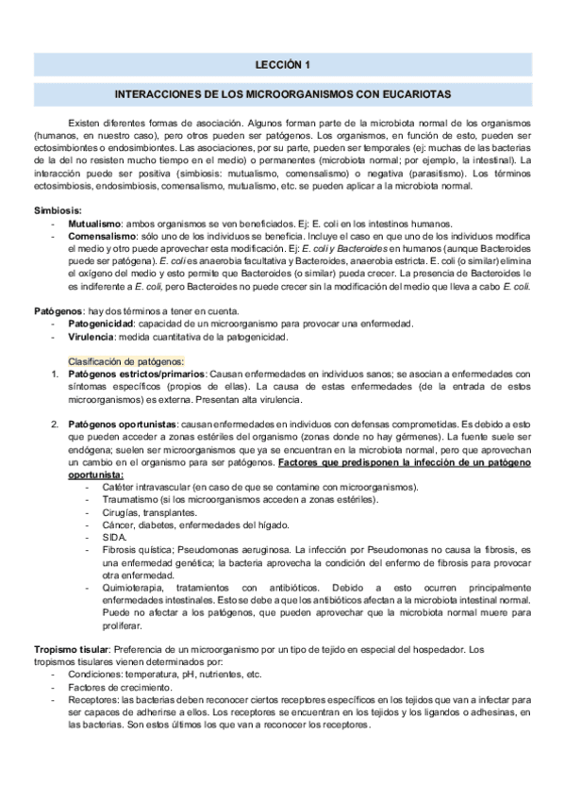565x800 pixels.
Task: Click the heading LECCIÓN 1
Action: (282, 65)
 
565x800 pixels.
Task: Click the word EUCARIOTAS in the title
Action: (418, 95)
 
